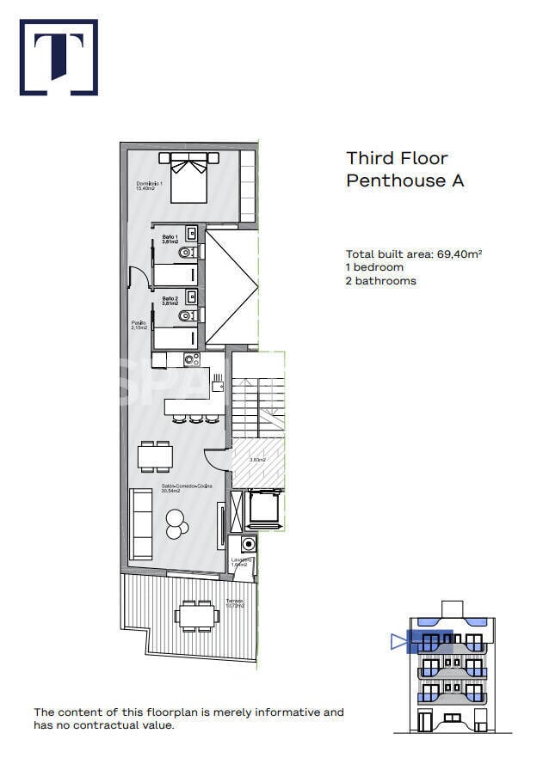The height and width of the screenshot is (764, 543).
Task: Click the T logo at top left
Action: (59, 57)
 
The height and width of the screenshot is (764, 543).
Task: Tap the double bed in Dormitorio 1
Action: (188, 177)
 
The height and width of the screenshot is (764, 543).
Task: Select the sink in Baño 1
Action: (192, 233)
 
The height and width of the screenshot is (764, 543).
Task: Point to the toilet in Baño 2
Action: (188, 317)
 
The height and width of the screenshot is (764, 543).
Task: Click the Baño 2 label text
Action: (170, 300)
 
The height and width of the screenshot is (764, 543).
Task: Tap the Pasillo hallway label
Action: (139, 326)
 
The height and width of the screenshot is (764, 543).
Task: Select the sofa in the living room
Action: (139, 523)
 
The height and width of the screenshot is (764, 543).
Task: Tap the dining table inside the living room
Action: (156, 456)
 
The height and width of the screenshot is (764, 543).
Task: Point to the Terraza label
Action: (235, 603)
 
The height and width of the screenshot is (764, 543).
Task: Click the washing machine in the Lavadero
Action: (250, 544)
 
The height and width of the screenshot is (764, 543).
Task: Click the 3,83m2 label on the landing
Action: (256, 460)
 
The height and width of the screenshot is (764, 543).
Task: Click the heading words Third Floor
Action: (397, 158)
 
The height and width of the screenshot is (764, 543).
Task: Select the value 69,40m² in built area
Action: (460, 254)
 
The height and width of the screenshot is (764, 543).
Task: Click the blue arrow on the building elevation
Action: (397, 640)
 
